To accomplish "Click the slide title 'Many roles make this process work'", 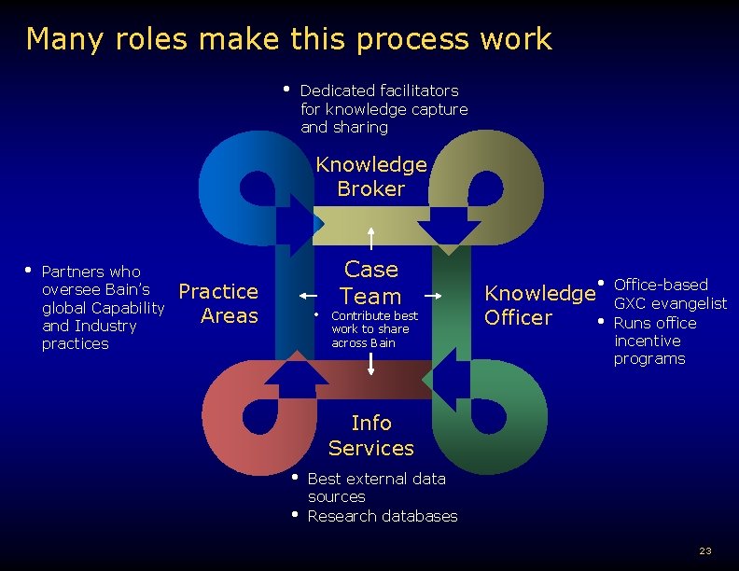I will [288, 39].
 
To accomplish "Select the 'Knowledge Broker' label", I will [371, 176].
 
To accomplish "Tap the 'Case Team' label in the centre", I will [371, 283].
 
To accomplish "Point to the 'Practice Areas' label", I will [218, 303].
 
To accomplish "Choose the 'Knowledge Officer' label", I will [538, 305].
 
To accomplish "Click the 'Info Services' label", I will [370, 436].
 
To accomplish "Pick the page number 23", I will [705, 550].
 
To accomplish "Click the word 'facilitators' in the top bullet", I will [419, 91].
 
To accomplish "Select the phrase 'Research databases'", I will [383, 516].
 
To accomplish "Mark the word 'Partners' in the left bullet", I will [74, 272].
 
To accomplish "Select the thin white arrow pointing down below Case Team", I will [371, 363].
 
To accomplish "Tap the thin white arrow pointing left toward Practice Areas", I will [309, 295].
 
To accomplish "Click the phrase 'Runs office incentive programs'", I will [654, 341].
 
